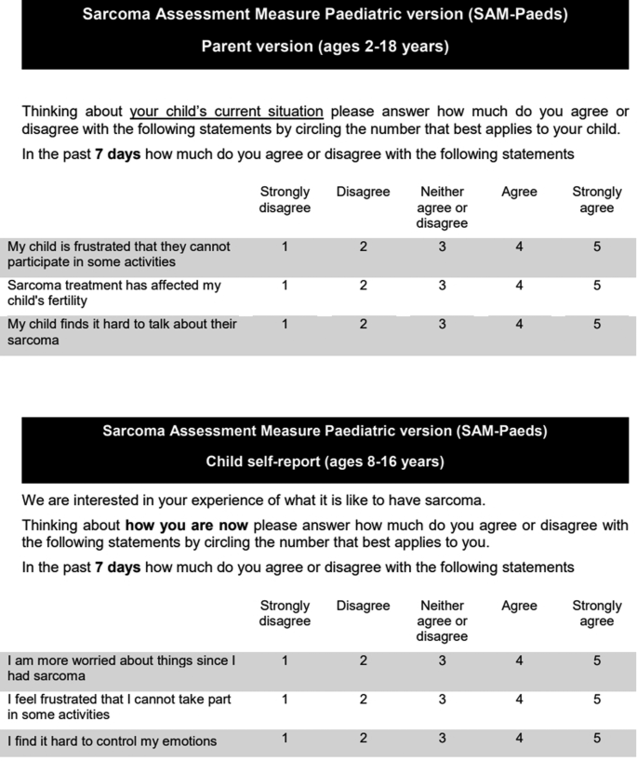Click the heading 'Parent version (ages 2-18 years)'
325,46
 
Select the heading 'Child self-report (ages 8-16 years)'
325,462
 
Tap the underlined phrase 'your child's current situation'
226,112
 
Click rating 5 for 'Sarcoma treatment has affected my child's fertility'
597,286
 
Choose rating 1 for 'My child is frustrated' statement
285,247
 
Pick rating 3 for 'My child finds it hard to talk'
442,325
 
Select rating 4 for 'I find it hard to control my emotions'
519,739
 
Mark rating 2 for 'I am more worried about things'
363,661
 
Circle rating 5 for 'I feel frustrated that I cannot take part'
597,699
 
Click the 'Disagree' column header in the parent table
363,192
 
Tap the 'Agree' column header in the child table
519,606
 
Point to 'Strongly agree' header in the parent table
597,200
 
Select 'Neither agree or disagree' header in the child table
442,621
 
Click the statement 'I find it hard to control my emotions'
113,741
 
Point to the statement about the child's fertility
114,293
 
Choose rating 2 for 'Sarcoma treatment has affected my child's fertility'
363,286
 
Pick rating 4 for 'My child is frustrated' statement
519,247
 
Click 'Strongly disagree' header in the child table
285,613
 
